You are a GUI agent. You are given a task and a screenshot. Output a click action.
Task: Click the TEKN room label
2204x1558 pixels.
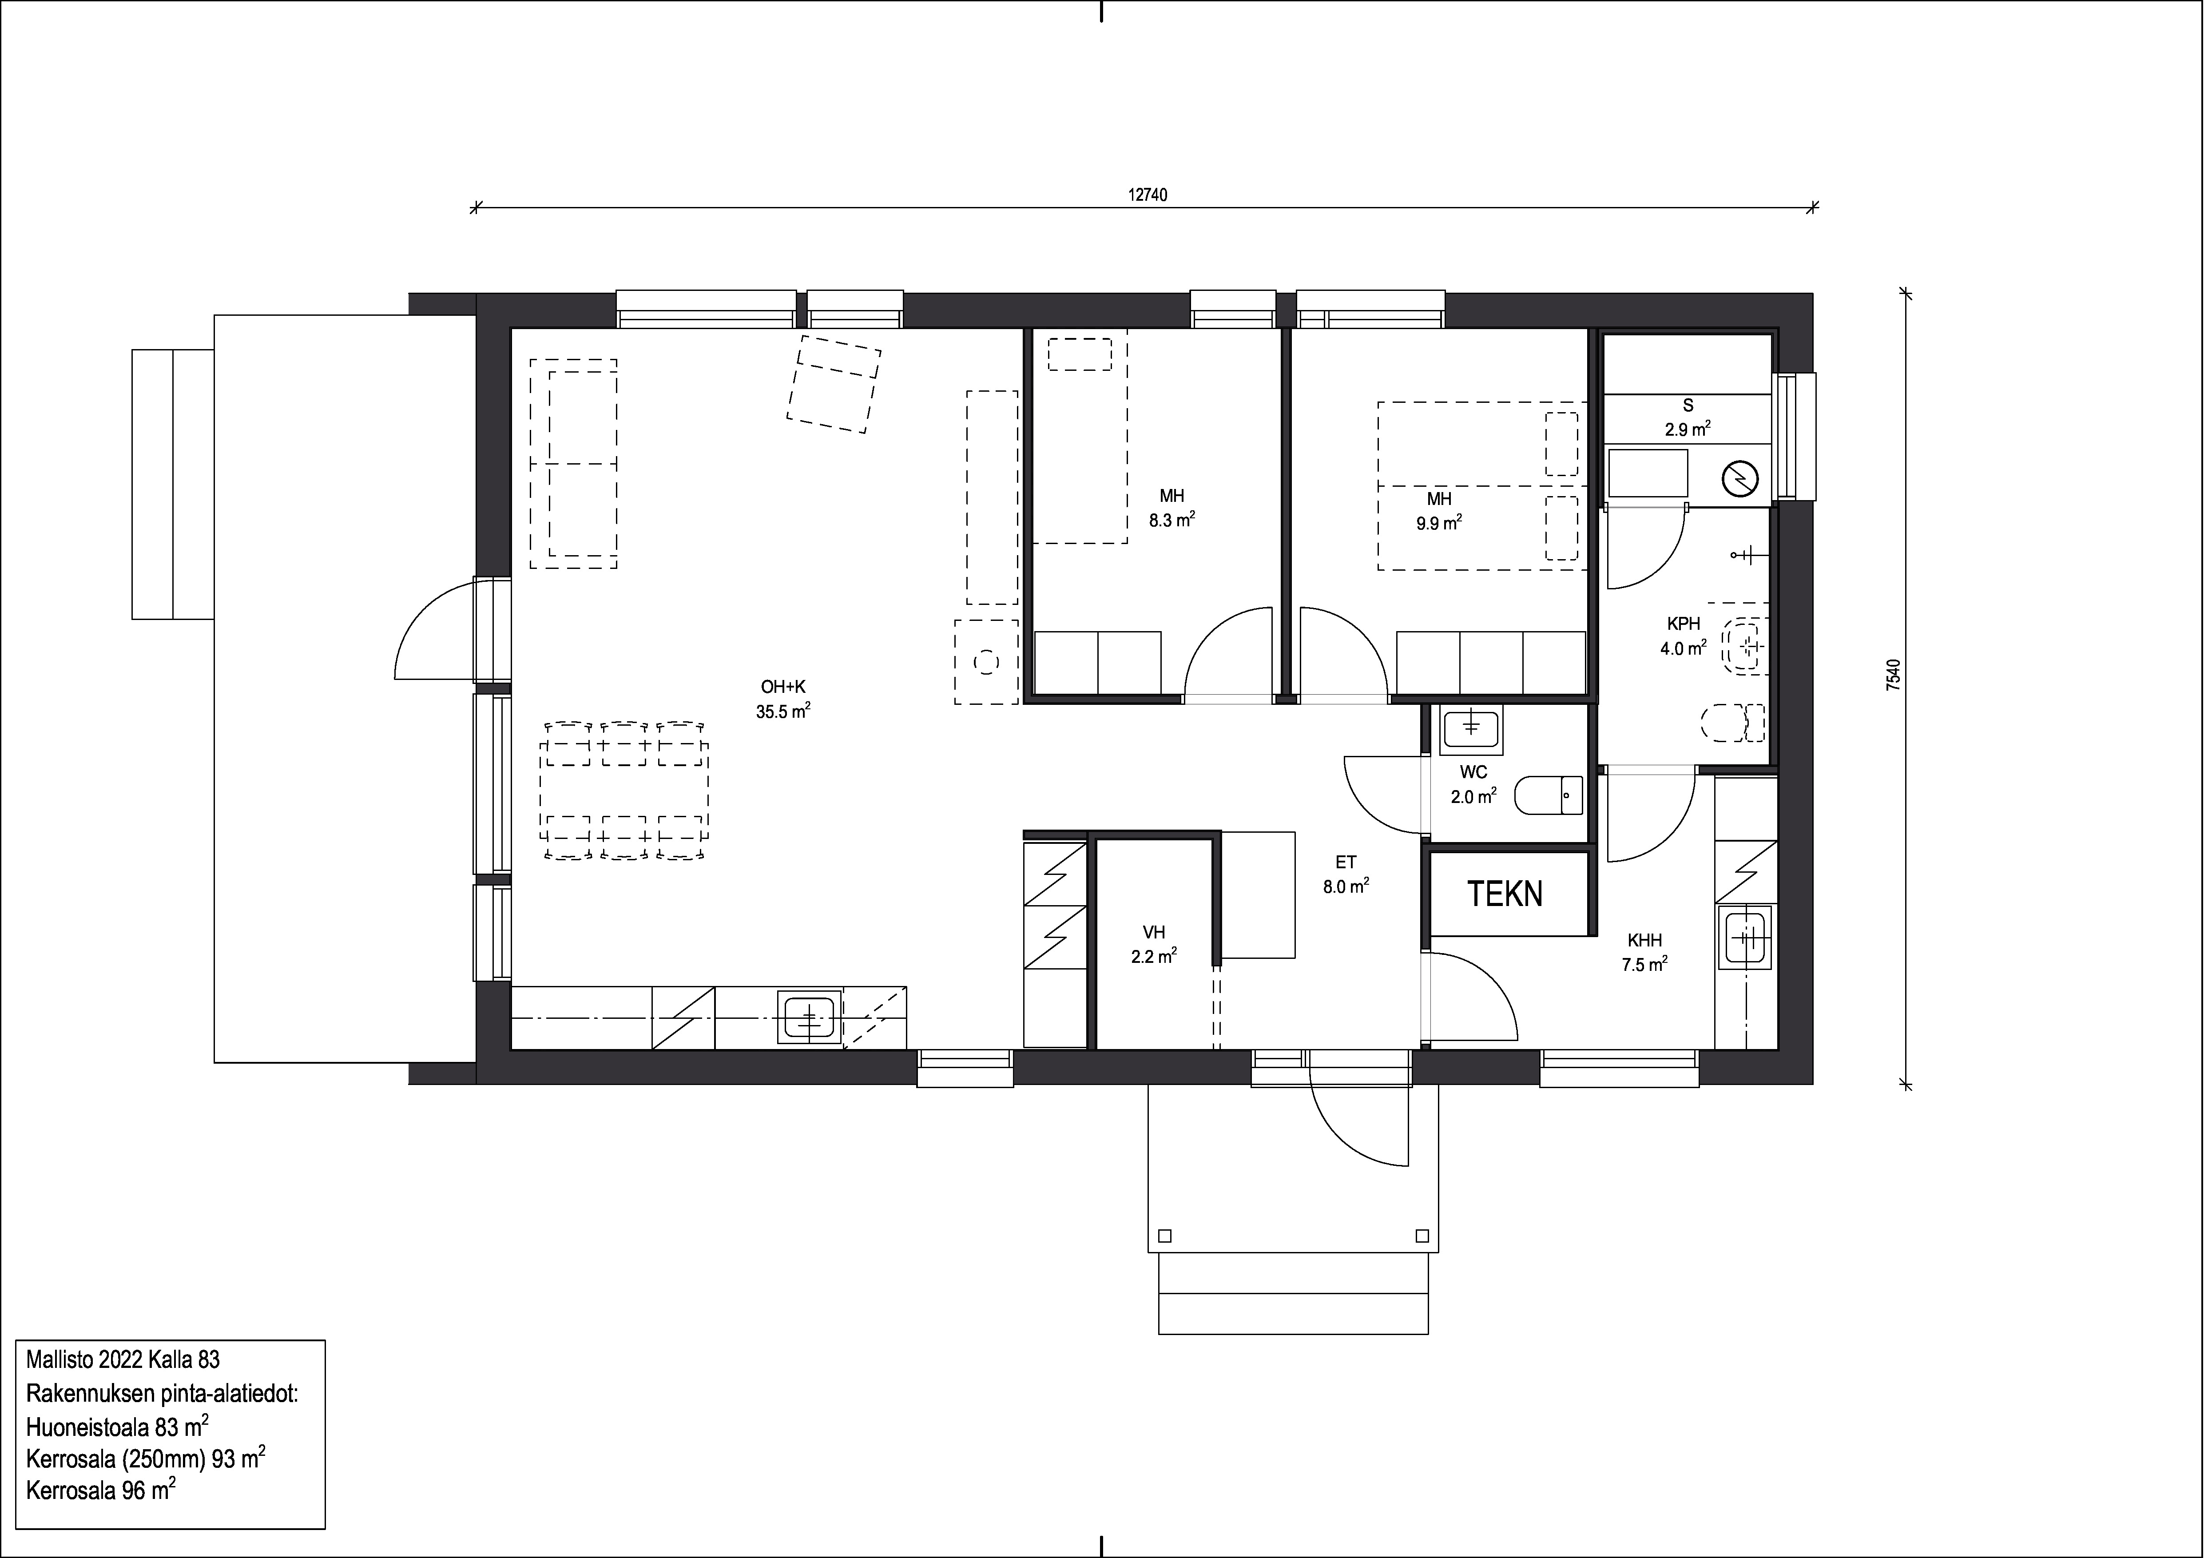(x=1504, y=894)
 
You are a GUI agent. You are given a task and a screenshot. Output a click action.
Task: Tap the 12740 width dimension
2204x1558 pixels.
(x=1147, y=195)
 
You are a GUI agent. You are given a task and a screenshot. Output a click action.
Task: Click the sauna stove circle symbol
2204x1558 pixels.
(x=1739, y=477)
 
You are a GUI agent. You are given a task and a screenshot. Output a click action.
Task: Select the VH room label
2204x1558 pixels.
(x=1154, y=932)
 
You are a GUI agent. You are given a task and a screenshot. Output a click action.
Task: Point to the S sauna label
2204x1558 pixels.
(x=1688, y=406)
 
